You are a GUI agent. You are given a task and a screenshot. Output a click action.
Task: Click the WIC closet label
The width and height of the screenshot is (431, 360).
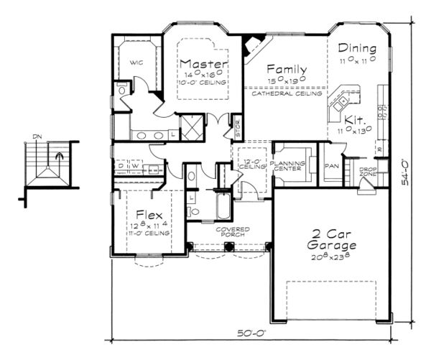[137, 63]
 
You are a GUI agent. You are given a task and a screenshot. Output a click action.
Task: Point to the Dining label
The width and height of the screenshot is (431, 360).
[357, 48]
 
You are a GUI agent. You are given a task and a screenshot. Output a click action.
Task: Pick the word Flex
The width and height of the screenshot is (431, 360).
[149, 215]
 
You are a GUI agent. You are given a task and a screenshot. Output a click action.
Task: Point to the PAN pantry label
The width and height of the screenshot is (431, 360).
[332, 165]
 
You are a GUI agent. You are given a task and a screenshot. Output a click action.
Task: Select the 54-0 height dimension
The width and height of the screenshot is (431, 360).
[407, 172]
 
